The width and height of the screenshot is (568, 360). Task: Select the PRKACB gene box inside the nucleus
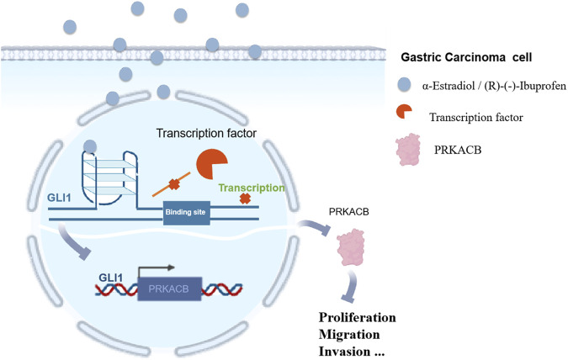pos(169,289)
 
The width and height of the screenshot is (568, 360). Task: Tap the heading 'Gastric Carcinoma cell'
pos(466,57)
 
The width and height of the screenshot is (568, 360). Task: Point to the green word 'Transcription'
pos(252,188)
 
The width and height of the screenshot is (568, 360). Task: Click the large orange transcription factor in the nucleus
pos(210,164)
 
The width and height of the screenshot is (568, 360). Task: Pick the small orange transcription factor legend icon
pos(404,112)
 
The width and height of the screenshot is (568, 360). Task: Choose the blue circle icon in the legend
pos(404,84)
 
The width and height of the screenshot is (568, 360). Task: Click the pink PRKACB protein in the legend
pos(408,149)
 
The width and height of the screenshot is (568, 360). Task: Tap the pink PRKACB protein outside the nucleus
pos(351,247)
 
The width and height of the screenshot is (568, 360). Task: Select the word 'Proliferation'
pos(357,318)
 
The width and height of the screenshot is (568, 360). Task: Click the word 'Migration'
pos(349,335)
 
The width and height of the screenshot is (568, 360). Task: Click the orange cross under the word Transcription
pos(245,199)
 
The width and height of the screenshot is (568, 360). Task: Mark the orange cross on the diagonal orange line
pos(174,184)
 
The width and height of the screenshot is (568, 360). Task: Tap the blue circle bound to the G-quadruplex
pos(90,146)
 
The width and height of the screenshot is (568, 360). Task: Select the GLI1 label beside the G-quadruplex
pos(59,199)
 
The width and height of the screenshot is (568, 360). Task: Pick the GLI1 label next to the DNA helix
pos(111,278)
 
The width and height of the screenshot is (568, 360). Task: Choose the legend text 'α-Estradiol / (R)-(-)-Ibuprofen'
pos(494,86)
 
